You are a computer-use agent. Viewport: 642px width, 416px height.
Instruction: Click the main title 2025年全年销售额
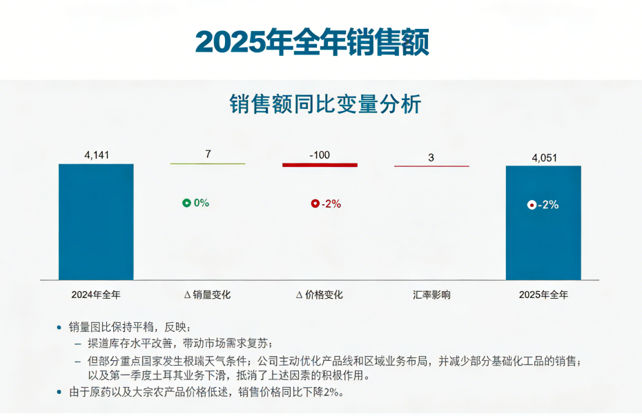point(312,42)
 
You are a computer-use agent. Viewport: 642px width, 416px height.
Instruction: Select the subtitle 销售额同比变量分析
point(324,104)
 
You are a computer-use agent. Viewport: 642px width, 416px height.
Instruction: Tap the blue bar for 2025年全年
point(543,222)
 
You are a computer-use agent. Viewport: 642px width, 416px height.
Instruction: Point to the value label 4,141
point(96,155)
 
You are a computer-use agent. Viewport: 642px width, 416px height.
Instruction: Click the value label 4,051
point(544,158)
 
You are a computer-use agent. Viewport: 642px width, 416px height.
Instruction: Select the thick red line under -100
point(320,165)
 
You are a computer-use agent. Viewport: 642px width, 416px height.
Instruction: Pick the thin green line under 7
point(208,164)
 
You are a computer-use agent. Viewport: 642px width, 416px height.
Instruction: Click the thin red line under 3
point(431,166)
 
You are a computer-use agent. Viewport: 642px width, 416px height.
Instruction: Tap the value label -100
point(320,155)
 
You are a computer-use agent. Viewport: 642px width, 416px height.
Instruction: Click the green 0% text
point(202,203)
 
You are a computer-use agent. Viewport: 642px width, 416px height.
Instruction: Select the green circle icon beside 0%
point(186,203)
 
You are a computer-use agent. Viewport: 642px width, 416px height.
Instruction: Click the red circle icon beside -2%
point(315,204)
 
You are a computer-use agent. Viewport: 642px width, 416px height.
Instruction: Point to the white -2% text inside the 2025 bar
point(549,205)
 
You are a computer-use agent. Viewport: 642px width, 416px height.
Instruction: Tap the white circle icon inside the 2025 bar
point(532,205)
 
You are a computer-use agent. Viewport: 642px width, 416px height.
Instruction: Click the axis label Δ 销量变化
point(208,295)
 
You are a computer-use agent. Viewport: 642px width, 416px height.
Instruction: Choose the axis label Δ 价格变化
point(320,295)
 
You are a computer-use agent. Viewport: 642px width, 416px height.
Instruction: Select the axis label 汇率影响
point(431,295)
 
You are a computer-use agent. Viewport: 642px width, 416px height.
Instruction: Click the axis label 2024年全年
point(96,295)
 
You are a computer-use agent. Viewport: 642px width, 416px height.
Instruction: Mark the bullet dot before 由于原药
point(59,392)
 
